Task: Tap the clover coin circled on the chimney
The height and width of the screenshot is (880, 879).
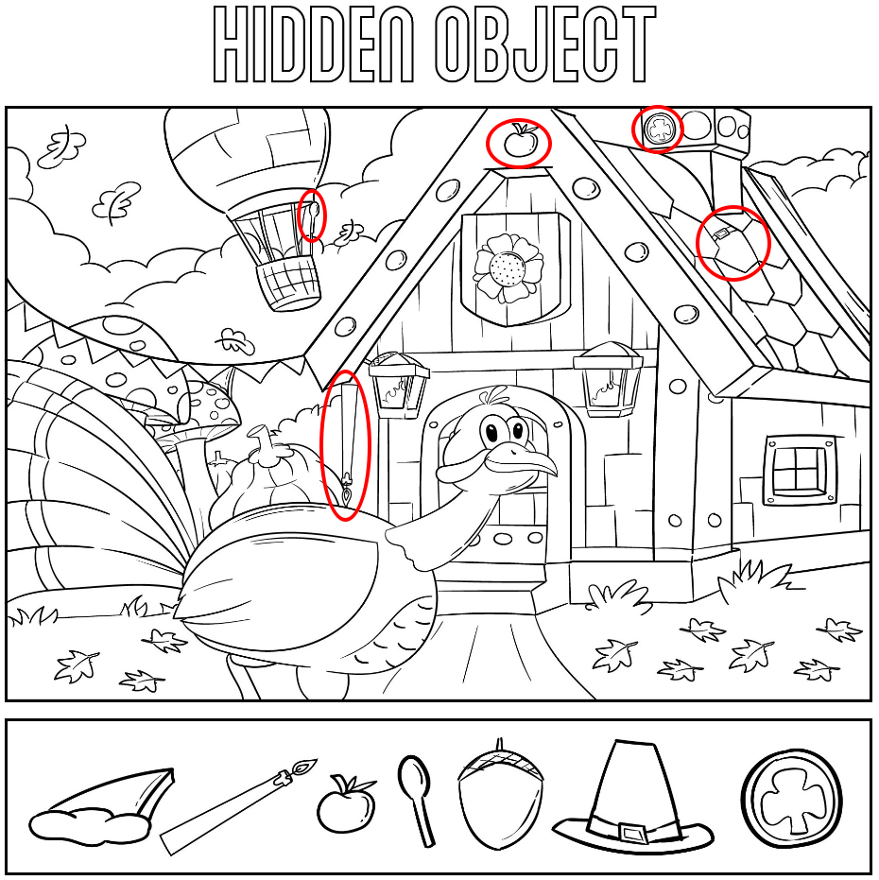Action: (x=657, y=129)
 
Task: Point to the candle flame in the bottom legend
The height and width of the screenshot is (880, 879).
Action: (x=306, y=766)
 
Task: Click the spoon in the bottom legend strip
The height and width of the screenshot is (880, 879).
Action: (x=417, y=801)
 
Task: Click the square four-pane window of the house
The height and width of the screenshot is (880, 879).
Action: (x=798, y=468)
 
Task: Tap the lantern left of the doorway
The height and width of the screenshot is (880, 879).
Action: (x=398, y=385)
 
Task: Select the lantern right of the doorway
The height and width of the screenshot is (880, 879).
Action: (x=608, y=378)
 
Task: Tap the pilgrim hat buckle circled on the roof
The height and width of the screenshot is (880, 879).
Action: (x=721, y=232)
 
